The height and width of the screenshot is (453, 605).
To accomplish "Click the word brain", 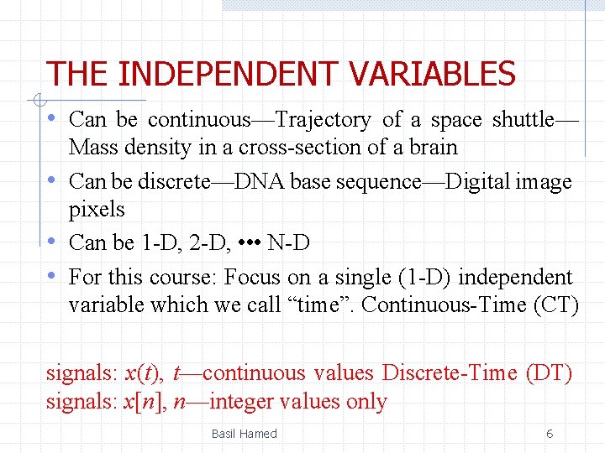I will point(432,148).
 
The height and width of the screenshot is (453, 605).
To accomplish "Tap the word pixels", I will point(97,209).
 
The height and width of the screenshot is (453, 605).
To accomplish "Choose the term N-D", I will point(288,243).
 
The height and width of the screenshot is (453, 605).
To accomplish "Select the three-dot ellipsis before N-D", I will point(250,243).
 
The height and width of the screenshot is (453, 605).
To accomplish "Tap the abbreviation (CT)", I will point(556,305).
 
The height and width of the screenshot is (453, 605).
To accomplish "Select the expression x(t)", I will point(143,372).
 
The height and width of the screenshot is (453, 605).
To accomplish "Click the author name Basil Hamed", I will point(244,434).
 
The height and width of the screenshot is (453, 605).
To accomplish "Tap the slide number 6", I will point(550,434).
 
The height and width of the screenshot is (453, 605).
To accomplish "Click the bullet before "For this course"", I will point(52,276).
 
